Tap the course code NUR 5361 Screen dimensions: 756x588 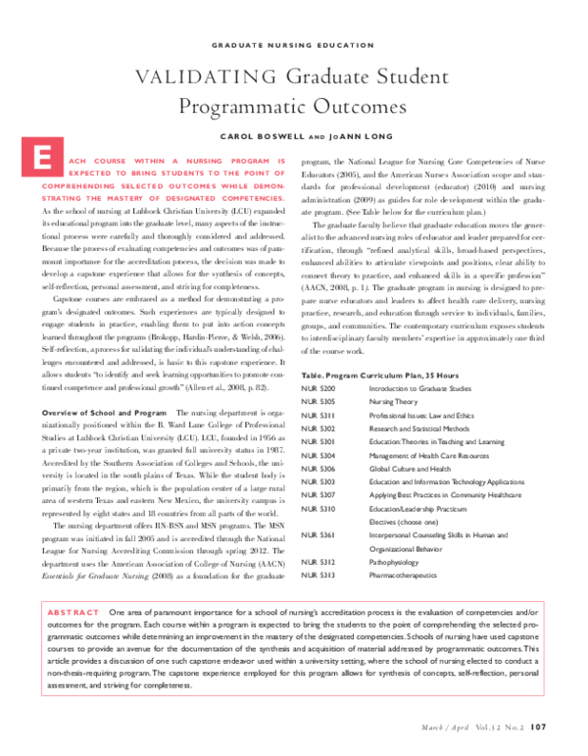[x=319, y=534]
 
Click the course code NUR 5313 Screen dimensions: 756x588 [x=319, y=575]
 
